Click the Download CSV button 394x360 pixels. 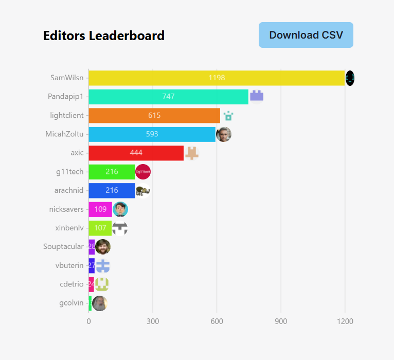(x=306, y=35)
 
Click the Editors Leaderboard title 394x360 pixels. (x=104, y=35)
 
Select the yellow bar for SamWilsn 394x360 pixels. (x=217, y=78)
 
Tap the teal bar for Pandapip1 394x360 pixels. (x=168, y=97)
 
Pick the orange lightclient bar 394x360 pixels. (x=154, y=115)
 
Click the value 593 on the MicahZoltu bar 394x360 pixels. (x=152, y=134)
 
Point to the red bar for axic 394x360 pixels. (x=136, y=153)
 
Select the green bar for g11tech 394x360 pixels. (x=112, y=172)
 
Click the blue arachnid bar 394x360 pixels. (x=112, y=190)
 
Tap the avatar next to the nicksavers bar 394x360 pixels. (x=120, y=209)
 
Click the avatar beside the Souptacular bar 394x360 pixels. (x=103, y=247)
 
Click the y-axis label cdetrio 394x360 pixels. (x=71, y=284)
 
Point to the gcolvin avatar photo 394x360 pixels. (x=99, y=303)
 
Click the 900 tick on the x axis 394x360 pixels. (x=281, y=321)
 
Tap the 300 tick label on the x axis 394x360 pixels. (x=153, y=321)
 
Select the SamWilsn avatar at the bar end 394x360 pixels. (x=350, y=78)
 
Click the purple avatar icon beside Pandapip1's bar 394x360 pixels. (x=257, y=96)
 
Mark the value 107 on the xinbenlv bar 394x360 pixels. (x=100, y=228)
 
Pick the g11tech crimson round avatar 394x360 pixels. (x=142, y=172)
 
